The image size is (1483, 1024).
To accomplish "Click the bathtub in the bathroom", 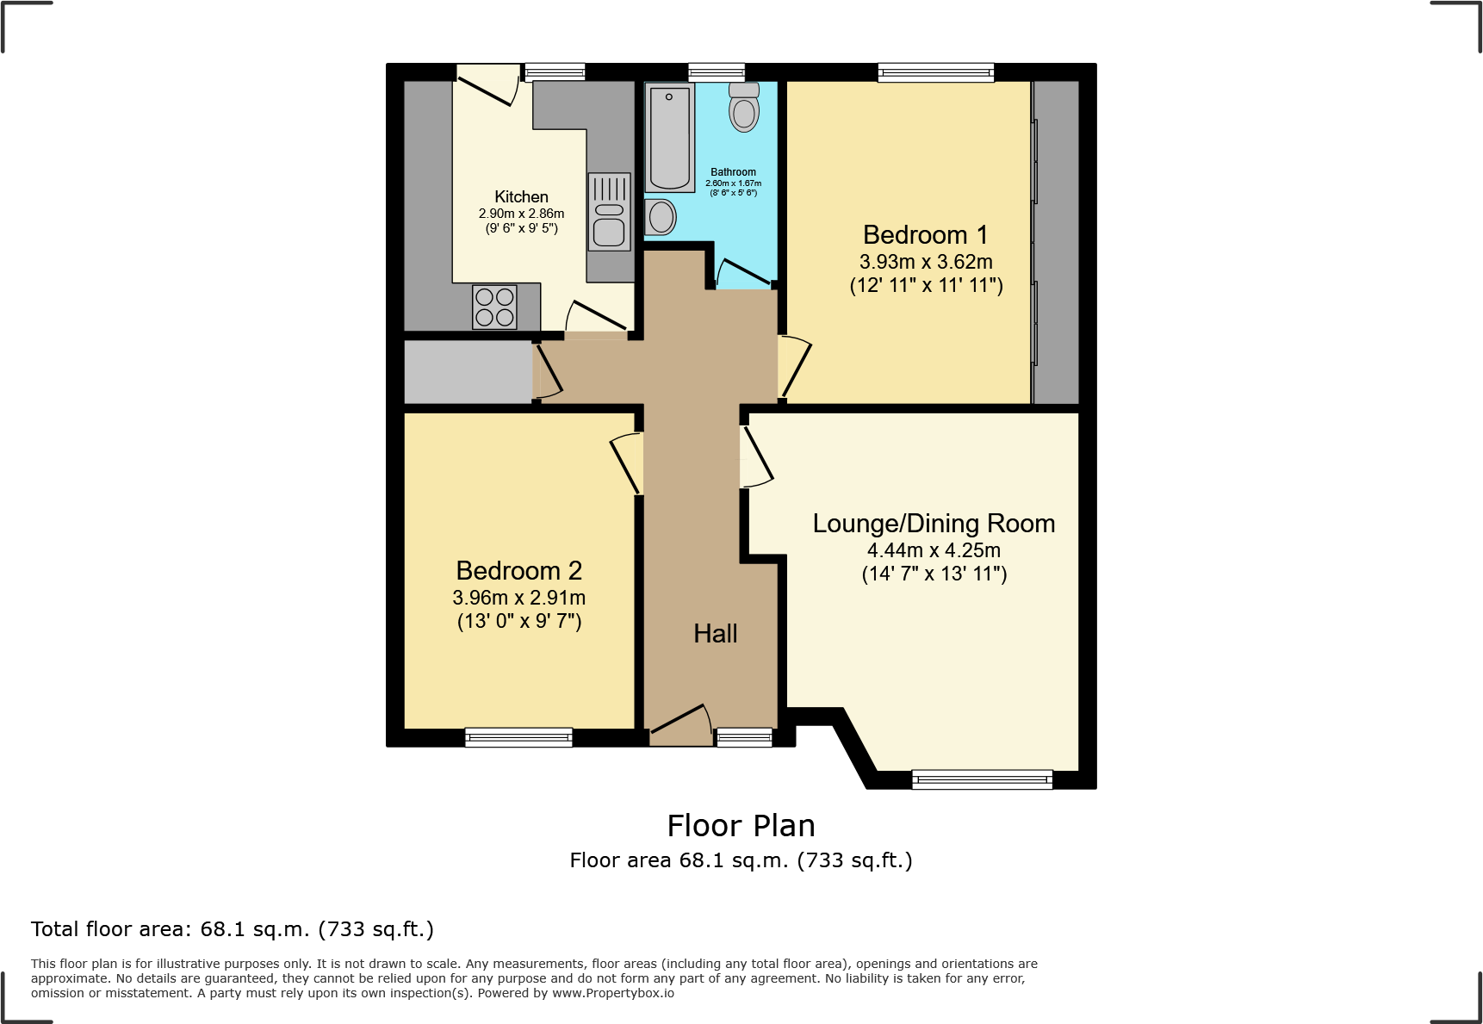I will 669,138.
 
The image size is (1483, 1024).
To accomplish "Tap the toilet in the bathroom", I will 744,108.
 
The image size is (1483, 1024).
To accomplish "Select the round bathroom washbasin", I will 661,217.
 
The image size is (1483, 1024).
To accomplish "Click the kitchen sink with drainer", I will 609,212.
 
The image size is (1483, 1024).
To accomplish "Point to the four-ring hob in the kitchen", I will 494,307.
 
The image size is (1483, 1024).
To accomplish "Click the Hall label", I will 715,634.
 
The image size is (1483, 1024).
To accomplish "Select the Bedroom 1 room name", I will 925,235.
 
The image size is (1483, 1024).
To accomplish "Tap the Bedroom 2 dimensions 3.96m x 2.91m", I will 518,598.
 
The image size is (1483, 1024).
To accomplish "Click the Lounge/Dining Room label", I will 934,524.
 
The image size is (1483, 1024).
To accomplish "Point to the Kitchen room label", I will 521,197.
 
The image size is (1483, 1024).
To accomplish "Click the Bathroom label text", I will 733,172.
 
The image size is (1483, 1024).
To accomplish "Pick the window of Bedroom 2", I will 518,737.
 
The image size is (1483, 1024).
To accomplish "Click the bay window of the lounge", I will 982,779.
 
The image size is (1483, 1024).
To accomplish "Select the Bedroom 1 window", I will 935,73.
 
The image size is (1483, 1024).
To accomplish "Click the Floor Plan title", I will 741,826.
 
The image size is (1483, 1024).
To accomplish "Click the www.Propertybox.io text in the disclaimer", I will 613,993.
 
